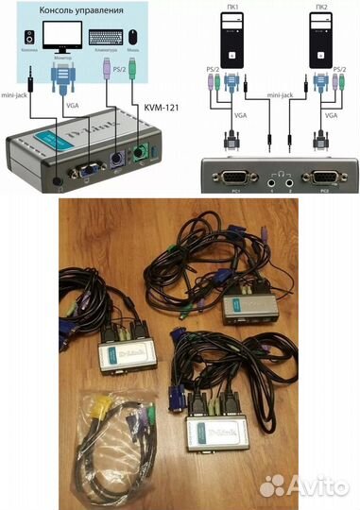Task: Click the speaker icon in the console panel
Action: coord(29,37)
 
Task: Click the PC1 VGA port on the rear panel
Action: coord(230,176)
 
